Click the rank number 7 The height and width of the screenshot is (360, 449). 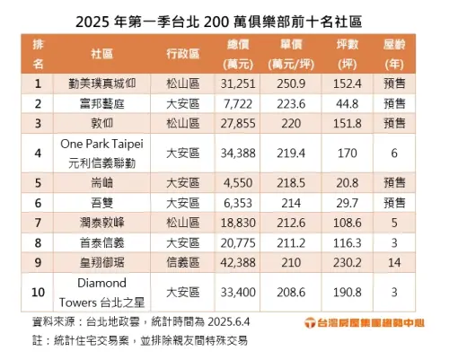pyautogui.click(x=38, y=222)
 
